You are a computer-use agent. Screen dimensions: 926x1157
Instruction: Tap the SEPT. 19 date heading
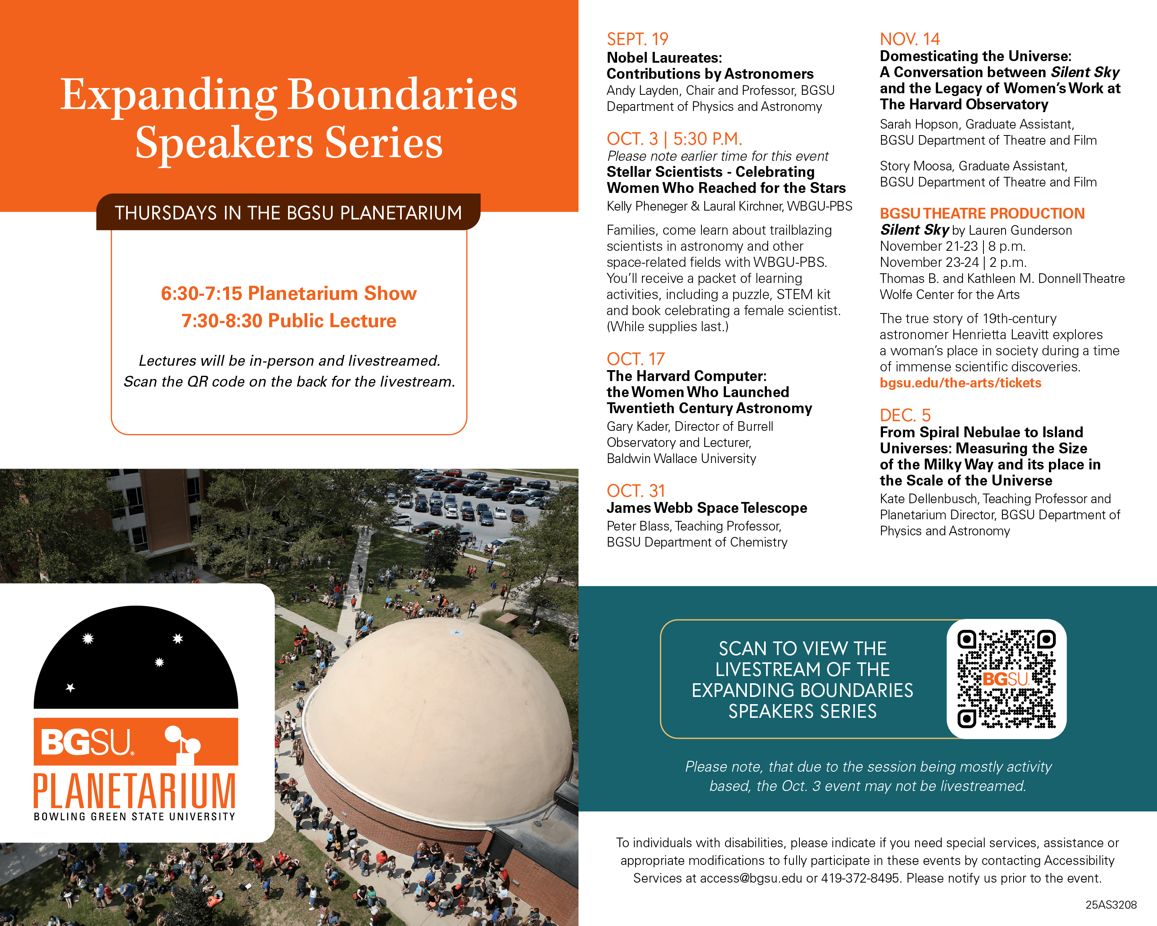637,39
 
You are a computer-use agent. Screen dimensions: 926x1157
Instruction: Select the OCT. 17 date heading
636,359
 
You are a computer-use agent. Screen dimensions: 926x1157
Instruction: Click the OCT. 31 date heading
636,491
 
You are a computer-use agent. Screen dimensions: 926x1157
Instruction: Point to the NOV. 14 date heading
910,39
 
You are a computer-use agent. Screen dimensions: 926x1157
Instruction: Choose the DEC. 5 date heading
905,415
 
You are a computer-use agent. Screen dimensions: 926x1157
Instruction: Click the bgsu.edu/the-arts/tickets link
960,383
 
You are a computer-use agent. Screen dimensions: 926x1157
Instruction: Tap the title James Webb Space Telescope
706,508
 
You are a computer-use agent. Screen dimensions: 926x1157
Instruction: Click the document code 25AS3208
1111,905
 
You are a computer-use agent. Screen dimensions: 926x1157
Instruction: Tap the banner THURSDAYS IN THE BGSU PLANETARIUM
288,213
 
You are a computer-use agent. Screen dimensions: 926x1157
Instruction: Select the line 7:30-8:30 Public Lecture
289,320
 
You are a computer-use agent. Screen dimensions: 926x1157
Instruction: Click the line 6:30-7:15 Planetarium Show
289,293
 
